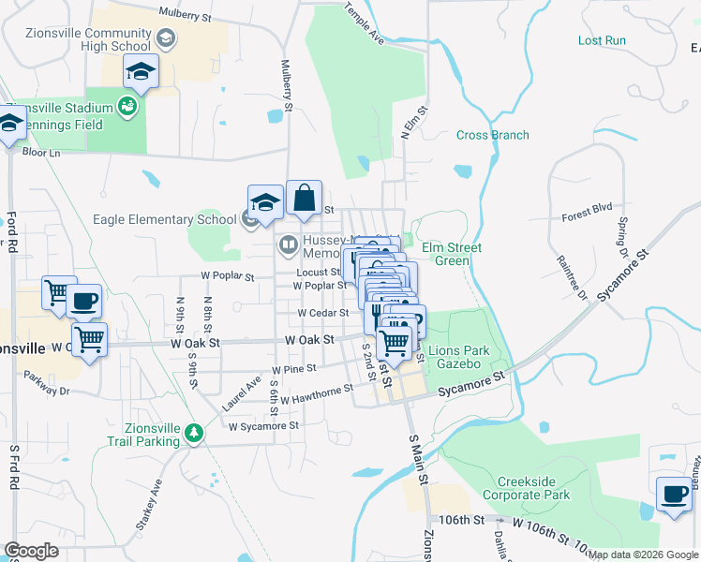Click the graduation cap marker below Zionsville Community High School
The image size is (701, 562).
(140, 72)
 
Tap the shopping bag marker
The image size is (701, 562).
(304, 199)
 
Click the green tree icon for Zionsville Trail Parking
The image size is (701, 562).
(194, 433)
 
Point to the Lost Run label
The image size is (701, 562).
(602, 40)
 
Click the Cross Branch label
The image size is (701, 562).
(492, 135)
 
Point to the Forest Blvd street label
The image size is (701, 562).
(587, 214)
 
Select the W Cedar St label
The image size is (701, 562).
(323, 313)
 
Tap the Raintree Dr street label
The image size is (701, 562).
(571, 278)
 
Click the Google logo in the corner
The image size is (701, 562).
(31, 551)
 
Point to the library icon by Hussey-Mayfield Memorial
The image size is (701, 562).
(288, 246)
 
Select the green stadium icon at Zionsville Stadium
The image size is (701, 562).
(127, 108)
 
